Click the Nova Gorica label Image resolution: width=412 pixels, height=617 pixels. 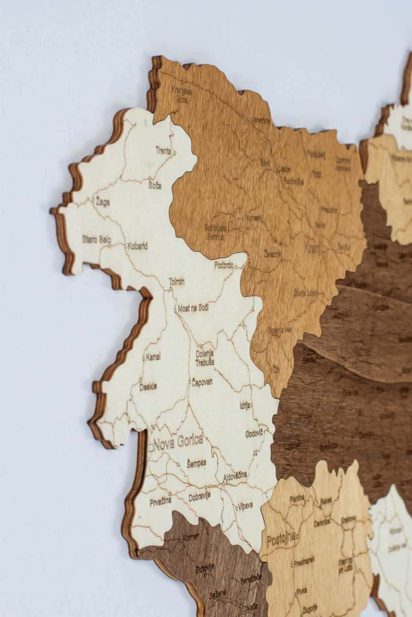point(178,441)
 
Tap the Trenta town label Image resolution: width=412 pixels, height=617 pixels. point(164,150)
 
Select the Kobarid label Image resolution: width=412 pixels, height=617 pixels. point(138,246)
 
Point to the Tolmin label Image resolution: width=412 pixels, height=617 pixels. point(177,282)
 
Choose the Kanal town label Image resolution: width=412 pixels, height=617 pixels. point(153,356)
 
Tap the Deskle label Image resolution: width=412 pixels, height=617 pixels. point(148,387)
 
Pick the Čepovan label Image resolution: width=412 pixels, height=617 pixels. point(202,382)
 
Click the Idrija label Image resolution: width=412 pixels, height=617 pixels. point(245,405)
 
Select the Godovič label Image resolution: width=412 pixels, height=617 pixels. point(254,433)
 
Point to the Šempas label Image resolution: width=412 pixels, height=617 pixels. point(196,463)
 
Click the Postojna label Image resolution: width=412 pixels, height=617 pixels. point(281,539)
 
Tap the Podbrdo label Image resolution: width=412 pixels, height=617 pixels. point(224,265)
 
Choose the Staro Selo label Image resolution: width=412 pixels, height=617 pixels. point(96,239)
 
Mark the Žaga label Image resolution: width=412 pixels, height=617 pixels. point(102,202)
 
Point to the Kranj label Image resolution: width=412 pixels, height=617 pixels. point(313,248)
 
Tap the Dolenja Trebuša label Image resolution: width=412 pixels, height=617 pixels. point(205,357)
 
